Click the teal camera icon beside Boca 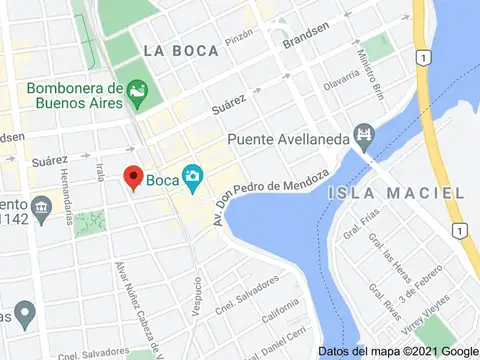point(191,180)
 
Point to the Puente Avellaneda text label point(288,139)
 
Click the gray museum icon point(41,208)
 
